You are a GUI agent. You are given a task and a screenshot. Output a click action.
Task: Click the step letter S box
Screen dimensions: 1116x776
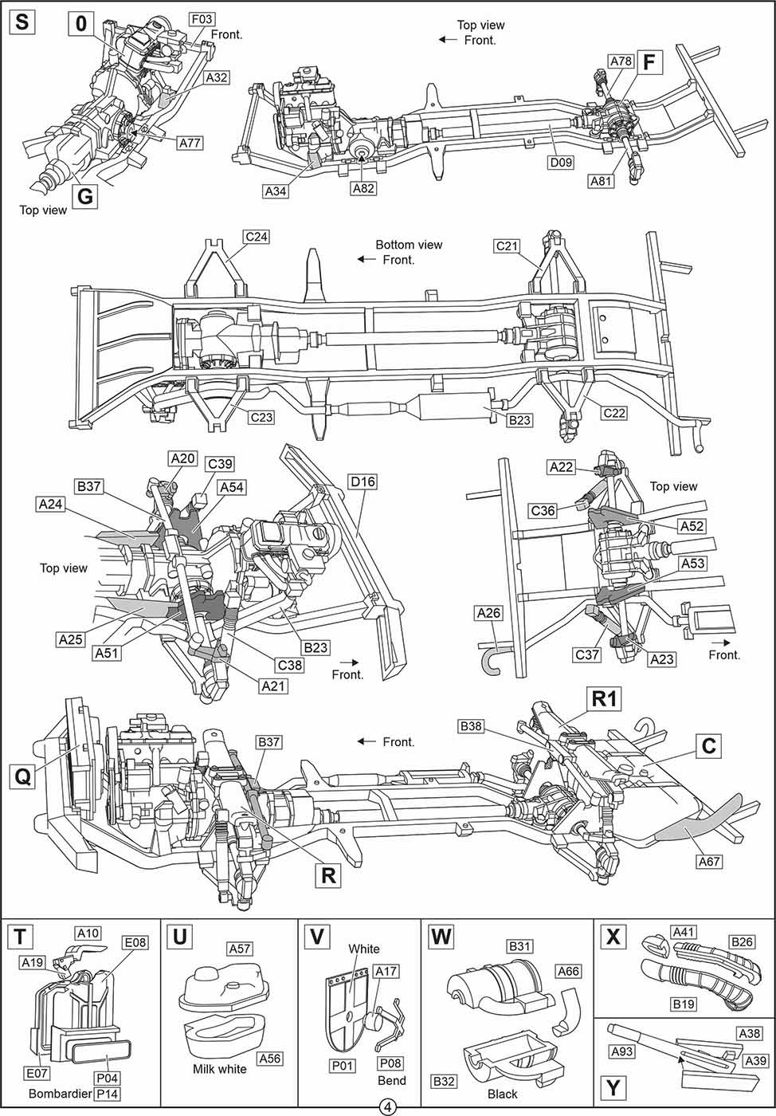coord(22,22)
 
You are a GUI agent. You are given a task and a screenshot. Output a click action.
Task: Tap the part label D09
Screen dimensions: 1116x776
coord(561,163)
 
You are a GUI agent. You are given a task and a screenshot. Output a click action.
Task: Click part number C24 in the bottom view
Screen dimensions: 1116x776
coord(257,237)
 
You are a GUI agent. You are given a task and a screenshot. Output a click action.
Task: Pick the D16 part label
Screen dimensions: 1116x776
coord(362,481)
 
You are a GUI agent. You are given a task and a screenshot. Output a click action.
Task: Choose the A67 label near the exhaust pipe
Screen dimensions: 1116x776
coord(709,861)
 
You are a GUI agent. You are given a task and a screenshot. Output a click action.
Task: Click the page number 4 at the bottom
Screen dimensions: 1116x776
coord(388,1107)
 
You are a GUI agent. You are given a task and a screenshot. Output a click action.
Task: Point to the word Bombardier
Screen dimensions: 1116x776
coord(60,1094)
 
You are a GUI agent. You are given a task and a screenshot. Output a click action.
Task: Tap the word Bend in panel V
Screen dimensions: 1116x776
coord(391,1081)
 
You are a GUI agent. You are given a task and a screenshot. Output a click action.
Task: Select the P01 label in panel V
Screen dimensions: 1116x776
coord(343,1065)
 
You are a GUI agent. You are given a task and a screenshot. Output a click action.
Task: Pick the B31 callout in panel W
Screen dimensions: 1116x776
coord(519,946)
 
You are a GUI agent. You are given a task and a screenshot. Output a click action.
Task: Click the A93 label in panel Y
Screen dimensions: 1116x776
coord(621,1051)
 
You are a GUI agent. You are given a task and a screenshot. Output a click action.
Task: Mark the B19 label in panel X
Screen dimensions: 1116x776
coord(683,1004)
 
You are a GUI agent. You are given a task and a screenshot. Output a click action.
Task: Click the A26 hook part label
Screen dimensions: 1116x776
coord(488,613)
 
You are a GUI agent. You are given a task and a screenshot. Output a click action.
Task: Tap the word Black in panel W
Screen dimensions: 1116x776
coord(502,1094)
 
